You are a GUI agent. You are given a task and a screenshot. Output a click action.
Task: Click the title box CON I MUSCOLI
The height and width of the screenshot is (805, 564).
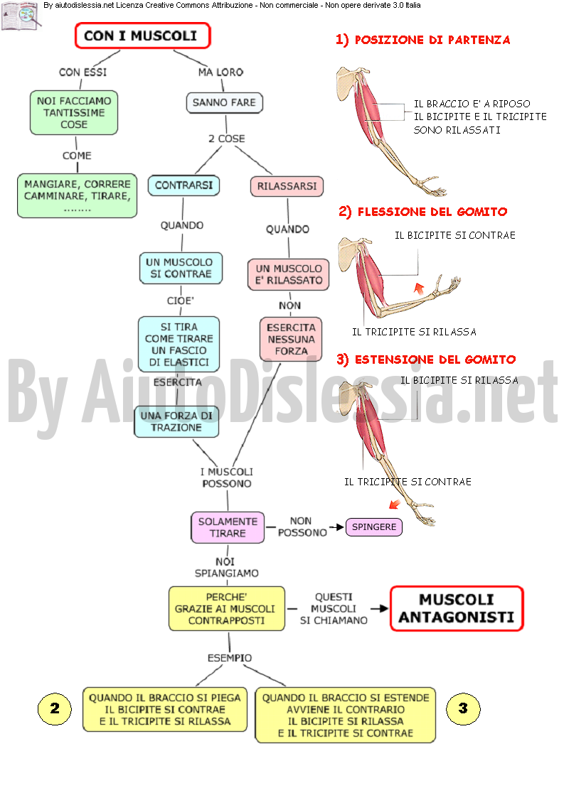[143, 36]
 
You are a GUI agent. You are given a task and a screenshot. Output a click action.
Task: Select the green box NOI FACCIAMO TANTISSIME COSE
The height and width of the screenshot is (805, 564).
[74, 113]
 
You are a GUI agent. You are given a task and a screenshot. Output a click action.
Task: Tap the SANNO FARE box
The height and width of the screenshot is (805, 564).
[224, 103]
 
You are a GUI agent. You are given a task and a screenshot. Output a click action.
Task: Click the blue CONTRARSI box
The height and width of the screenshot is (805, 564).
[183, 185]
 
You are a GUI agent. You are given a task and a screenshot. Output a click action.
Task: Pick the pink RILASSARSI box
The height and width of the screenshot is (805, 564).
[287, 186]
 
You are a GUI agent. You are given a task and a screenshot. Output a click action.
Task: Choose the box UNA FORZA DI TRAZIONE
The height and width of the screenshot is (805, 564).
[176, 421]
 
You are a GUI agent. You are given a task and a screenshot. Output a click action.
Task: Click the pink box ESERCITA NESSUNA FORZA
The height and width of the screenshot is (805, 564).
[291, 340]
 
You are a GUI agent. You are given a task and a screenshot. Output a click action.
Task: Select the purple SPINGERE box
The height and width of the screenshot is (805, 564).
[374, 526]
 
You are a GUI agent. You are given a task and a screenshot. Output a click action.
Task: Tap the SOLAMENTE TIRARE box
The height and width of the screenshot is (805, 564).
[228, 527]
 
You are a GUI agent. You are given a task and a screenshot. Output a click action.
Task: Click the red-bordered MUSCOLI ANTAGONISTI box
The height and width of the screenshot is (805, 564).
[457, 608]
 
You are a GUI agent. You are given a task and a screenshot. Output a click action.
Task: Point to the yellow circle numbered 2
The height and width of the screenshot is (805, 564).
[55, 708]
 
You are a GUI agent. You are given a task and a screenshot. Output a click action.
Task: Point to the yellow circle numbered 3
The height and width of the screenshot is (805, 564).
[463, 708]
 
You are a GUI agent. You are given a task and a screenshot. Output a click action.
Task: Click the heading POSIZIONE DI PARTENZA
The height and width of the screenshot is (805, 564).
[422, 40]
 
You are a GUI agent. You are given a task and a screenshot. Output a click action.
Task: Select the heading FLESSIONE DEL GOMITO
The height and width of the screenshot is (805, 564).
[422, 212]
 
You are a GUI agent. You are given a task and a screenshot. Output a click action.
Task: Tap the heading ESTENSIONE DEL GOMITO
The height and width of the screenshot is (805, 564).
[426, 360]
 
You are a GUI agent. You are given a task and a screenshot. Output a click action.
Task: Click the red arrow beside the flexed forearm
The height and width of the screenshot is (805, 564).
[420, 288]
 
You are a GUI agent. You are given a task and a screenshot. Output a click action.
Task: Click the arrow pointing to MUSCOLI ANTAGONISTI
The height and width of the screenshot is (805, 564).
[379, 608]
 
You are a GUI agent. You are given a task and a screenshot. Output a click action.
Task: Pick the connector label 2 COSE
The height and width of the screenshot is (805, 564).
[227, 139]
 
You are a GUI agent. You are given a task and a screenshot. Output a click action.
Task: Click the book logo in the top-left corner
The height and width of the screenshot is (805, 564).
[21, 16]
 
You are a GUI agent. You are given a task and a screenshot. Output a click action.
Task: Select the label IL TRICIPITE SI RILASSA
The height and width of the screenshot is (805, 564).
[415, 333]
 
